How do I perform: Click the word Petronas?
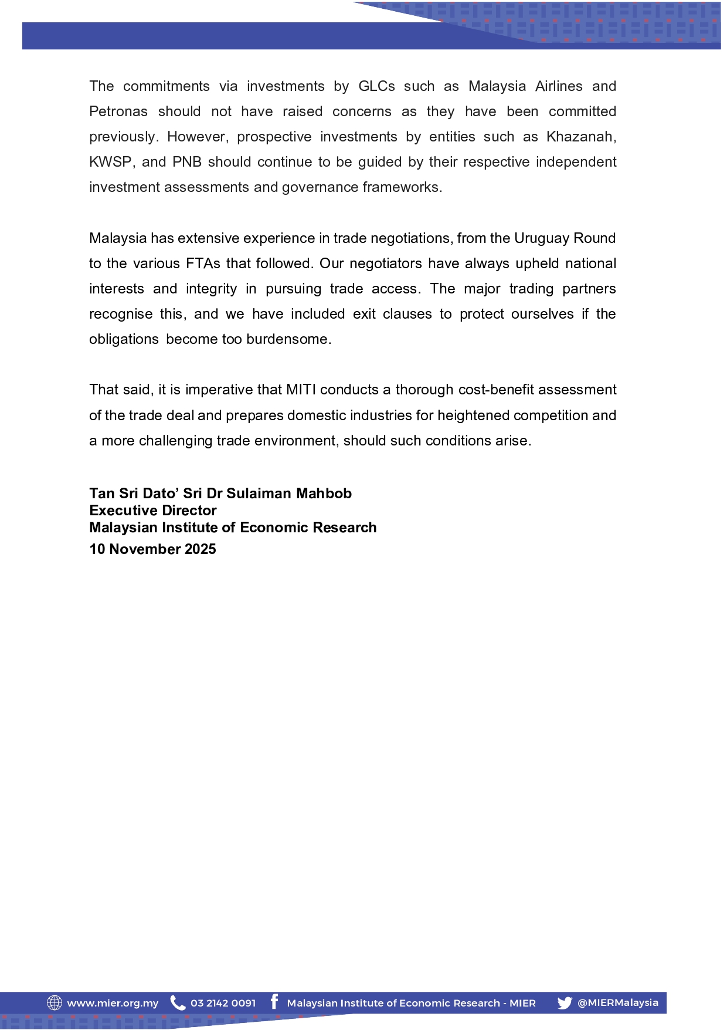coord(118,112)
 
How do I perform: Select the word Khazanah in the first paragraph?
coord(580,137)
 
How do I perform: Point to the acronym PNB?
coord(186,162)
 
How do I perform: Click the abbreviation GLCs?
coord(376,86)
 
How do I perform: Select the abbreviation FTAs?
coord(203,264)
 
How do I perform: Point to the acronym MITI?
coord(301,390)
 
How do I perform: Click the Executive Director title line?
coord(153,511)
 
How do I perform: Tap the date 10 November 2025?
coord(152,549)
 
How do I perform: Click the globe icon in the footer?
coord(55,1003)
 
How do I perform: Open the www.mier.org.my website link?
coord(113,1004)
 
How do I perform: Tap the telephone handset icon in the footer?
coord(177,1003)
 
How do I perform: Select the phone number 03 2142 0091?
coord(223,1004)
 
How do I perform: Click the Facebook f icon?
coord(274,1002)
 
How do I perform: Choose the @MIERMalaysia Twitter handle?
coord(617,1003)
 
